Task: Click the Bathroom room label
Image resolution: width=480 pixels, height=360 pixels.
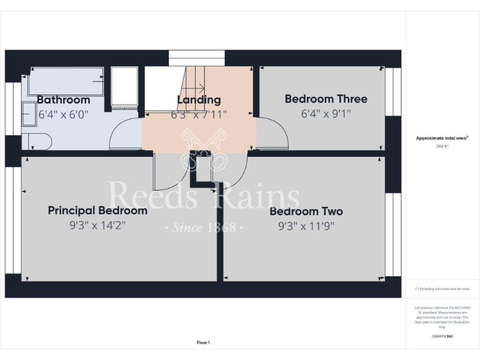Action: pos(63,100)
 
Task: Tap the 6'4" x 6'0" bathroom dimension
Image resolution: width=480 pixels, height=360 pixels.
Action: pos(63,114)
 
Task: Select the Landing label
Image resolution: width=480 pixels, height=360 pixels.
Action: pos(199,100)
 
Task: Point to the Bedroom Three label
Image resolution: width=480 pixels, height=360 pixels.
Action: pos(326,99)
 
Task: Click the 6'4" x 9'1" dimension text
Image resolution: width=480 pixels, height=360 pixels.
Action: pos(326,114)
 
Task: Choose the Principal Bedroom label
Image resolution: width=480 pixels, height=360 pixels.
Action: pos(97,211)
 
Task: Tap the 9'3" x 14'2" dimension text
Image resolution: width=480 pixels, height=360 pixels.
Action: pos(97,226)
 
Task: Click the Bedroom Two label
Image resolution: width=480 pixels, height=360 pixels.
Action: pos(306,211)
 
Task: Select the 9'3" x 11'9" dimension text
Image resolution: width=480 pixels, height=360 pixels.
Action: pos(306,226)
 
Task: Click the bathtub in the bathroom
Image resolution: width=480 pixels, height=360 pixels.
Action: pos(66,82)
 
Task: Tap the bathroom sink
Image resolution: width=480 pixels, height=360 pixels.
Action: pos(28,114)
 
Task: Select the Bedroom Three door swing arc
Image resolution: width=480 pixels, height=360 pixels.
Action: pos(273,132)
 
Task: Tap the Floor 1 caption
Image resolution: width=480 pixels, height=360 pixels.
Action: pos(203,342)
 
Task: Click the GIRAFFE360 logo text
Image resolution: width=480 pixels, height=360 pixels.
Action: pos(442,337)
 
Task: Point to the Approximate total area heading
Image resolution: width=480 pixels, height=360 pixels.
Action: pos(442,138)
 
